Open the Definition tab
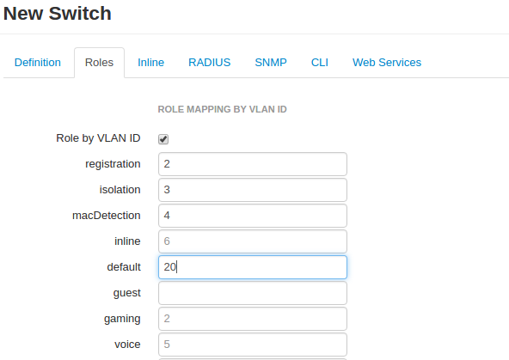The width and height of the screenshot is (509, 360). coord(38,62)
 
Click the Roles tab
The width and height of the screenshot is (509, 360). coord(99,62)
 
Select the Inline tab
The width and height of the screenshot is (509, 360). coord(151,62)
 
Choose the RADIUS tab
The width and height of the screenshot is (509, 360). coord(210,62)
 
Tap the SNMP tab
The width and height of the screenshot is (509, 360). coord(271,62)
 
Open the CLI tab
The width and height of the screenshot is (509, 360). coord(320,62)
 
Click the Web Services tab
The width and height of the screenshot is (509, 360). coord(387,62)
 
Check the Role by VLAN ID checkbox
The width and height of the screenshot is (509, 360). coord(163,139)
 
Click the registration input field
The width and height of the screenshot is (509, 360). coord(253,164)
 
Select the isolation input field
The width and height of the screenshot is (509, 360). coord(253,190)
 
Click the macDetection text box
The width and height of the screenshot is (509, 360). coord(253,216)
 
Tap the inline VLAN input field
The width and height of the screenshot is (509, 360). coord(253,241)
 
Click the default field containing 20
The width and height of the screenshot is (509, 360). coord(253,267)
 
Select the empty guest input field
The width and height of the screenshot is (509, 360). coord(253,293)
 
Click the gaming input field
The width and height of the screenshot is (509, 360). coord(253,319)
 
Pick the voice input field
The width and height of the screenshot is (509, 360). coord(253,345)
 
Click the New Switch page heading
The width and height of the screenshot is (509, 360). coord(58,14)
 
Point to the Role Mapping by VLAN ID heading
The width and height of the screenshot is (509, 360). coord(223,109)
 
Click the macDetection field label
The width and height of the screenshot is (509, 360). coord(107,216)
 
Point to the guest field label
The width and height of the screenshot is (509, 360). coord(127,293)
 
